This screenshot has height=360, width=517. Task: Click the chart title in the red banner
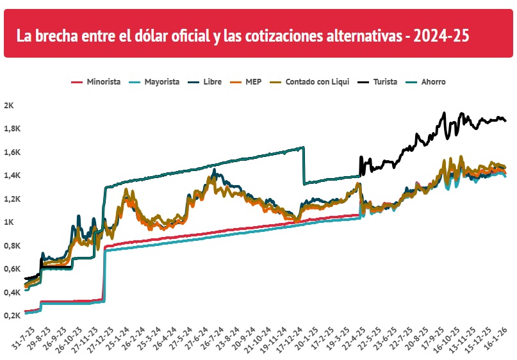243,35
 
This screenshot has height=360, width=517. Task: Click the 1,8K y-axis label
12,129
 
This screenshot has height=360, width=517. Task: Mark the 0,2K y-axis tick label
12,316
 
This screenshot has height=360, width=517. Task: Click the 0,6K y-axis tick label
12,269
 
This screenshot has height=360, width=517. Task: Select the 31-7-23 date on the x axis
22,337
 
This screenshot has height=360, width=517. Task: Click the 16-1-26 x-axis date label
500,337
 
